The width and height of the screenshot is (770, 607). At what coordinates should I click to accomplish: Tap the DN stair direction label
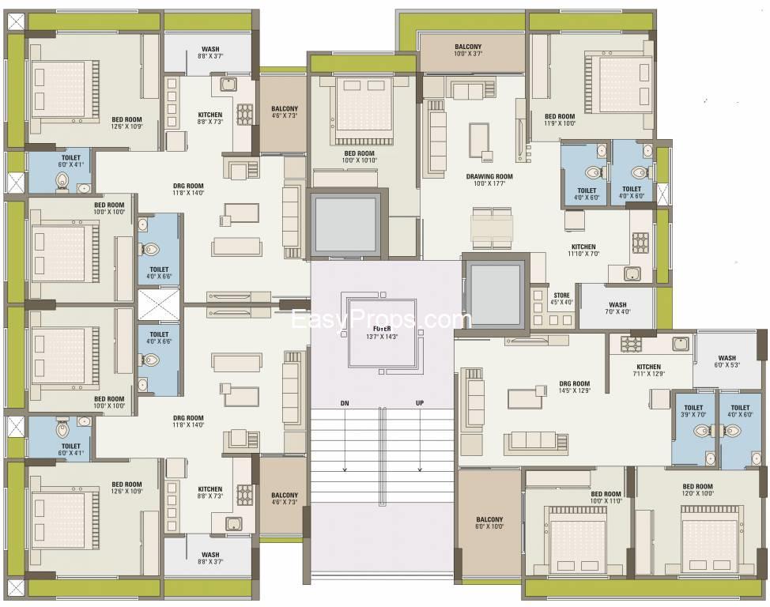point(345,403)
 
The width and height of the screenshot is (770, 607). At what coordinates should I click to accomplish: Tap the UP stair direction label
point(420,403)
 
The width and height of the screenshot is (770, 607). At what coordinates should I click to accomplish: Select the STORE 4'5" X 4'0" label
point(561,298)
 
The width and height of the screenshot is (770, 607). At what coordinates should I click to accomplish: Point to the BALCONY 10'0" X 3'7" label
point(468,50)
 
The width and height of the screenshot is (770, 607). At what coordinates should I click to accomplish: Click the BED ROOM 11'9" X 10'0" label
point(560,119)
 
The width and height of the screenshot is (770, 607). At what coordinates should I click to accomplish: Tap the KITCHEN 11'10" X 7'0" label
point(583,251)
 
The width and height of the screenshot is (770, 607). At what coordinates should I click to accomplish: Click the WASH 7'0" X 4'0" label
point(617,308)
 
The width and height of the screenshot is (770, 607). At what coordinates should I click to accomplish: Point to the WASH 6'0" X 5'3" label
point(727,361)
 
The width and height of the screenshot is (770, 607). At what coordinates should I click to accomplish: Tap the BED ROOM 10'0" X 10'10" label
point(359,156)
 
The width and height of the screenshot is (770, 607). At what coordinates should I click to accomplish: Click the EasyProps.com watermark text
point(382,320)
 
